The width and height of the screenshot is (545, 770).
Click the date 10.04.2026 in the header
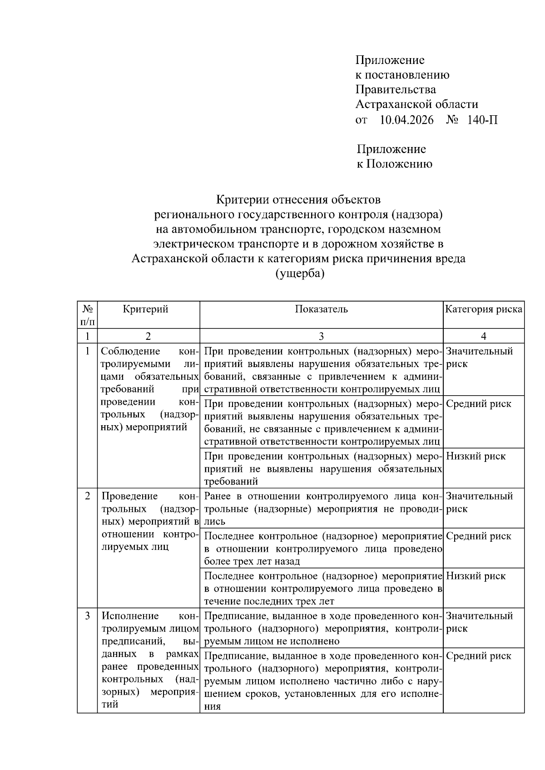406,120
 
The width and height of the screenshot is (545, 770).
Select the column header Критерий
145,309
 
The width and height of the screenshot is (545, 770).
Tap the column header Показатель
321,309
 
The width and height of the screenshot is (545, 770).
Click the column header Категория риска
483,309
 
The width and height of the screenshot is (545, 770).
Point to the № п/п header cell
87,315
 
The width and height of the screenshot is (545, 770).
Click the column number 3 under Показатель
321,336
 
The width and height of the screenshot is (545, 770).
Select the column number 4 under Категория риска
483,336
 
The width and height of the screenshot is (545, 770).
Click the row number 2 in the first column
87,496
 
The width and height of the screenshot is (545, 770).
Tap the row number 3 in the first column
87,616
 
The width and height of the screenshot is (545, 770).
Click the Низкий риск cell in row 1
476,456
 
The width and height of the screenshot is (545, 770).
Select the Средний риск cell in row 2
478,536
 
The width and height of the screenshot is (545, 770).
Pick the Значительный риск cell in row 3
479,622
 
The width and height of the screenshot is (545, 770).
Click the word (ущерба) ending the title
300,274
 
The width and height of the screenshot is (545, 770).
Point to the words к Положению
394,164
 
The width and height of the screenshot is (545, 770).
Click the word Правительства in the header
395,89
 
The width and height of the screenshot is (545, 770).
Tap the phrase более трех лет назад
252,562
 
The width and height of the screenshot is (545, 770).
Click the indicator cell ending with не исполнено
321,628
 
